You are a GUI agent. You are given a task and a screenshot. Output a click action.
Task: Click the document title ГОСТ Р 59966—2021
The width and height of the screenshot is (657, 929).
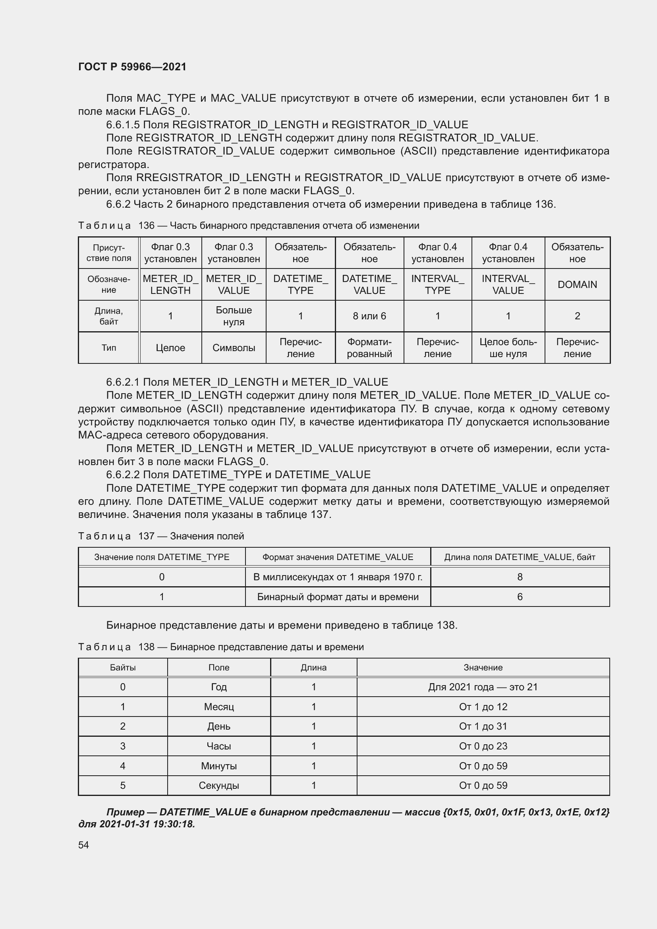132,67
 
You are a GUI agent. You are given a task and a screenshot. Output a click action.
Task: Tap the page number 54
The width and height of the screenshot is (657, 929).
83,845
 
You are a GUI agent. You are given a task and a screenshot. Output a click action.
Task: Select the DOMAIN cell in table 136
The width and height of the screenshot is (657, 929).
577,284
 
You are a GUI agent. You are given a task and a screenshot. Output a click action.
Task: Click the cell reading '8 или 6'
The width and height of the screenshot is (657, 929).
369,316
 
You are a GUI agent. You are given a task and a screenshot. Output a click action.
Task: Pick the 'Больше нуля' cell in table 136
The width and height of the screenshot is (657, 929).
234,316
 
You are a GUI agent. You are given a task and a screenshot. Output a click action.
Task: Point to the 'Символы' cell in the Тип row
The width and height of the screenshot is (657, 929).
234,348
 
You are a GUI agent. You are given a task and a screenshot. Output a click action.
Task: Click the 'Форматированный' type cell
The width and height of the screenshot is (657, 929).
369,348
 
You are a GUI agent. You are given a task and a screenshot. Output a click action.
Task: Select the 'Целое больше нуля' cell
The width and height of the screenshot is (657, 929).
508,348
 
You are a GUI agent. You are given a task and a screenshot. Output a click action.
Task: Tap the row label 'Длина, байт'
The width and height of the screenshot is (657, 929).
108,316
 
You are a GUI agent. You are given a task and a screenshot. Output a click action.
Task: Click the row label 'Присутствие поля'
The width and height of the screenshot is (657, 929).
108,253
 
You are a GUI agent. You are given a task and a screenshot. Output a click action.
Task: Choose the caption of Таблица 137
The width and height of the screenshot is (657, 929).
161,536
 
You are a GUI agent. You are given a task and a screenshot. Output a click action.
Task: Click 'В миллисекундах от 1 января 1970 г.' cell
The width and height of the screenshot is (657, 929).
338,577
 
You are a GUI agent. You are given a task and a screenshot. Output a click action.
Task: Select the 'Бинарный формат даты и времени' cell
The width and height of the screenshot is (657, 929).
338,597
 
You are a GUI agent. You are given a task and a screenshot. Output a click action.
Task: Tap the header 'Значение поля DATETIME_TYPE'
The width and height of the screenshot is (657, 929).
161,557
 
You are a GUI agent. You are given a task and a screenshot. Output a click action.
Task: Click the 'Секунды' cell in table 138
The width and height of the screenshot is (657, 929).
218,785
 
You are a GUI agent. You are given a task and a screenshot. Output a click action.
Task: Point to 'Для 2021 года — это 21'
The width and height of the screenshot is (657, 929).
483,687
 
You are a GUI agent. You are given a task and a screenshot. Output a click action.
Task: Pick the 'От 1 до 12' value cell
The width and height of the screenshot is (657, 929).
483,707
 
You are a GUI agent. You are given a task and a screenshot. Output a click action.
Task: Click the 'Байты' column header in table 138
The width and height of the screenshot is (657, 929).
123,668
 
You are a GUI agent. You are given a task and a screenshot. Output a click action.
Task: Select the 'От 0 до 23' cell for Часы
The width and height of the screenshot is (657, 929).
483,746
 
